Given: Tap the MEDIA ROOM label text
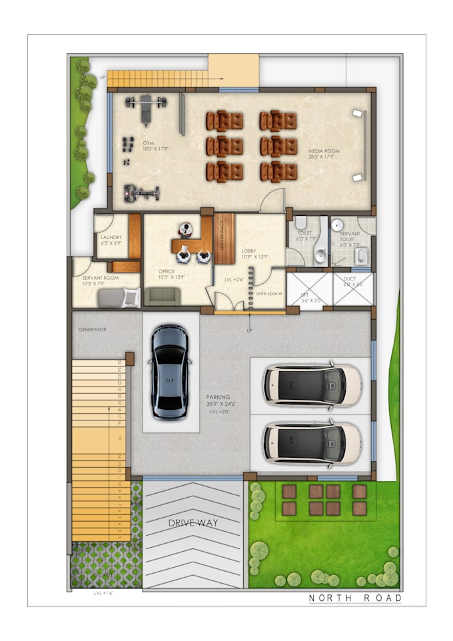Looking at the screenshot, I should (323, 151).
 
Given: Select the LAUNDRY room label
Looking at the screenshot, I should (111, 237).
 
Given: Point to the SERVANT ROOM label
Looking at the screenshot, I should (100, 277).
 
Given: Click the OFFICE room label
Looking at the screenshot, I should (167, 271).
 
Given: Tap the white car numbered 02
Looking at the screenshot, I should (312, 384).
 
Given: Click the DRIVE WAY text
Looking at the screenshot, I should (193, 522).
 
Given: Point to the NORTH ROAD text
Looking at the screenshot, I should (355, 598).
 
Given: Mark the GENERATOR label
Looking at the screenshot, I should (92, 329).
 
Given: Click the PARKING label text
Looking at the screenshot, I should (218, 397).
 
